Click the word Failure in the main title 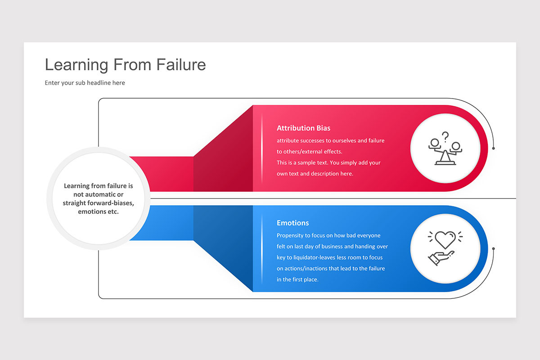coord(181,65)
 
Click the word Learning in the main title coord(76,65)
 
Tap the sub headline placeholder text coord(85,83)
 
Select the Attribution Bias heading coord(304,128)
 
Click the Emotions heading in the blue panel coord(293,223)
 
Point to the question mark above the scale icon coord(445,136)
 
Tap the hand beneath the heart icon coord(440,258)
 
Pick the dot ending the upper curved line coord(494,148)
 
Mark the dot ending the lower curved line coord(494,248)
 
